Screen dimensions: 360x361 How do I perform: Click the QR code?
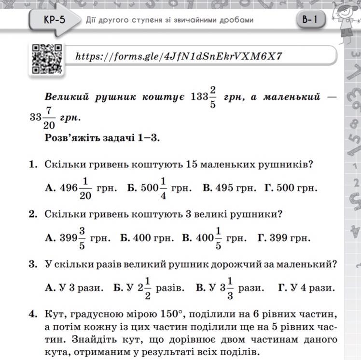click(47, 58)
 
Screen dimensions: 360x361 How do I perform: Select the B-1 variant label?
click(310, 20)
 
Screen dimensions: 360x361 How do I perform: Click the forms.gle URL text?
click(179, 56)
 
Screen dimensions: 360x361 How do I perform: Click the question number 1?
click(33, 165)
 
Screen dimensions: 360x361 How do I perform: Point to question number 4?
click(33, 314)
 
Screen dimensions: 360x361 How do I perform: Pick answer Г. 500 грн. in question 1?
click(291, 188)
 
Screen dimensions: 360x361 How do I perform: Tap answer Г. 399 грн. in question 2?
click(284, 238)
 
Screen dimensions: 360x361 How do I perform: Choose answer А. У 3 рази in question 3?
click(74, 288)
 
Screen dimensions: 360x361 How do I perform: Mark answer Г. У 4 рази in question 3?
click(306, 288)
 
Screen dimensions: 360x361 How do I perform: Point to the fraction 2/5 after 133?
click(213, 97)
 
